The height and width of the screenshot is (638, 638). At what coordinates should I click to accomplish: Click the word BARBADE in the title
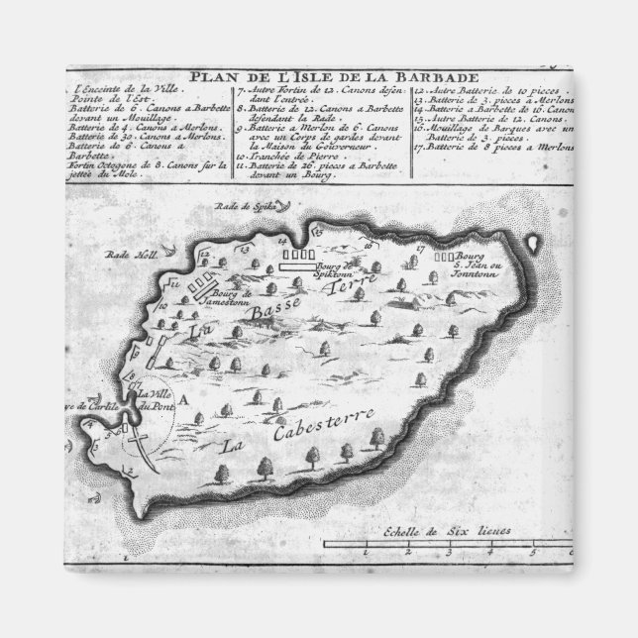426,76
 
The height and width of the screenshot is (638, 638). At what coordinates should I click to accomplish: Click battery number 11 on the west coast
177,286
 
